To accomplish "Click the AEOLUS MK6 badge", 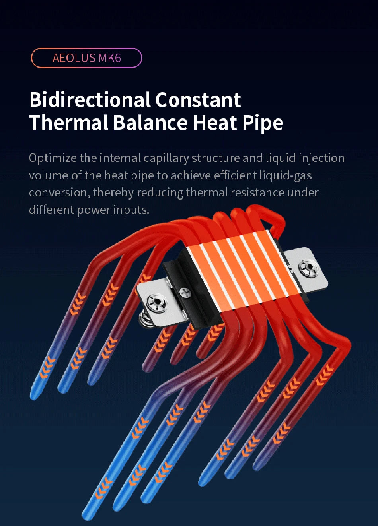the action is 86,58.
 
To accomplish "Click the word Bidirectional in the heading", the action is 90,99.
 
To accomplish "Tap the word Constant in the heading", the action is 198,99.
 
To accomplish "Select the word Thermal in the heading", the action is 69,122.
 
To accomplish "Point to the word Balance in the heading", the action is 150,122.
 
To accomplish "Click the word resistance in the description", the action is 258,192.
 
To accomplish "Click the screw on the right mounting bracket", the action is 309,268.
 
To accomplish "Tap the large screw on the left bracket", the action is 156,303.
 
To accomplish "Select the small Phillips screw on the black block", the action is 185,293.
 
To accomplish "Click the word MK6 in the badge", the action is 109,58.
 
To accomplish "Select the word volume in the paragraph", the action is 49,175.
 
